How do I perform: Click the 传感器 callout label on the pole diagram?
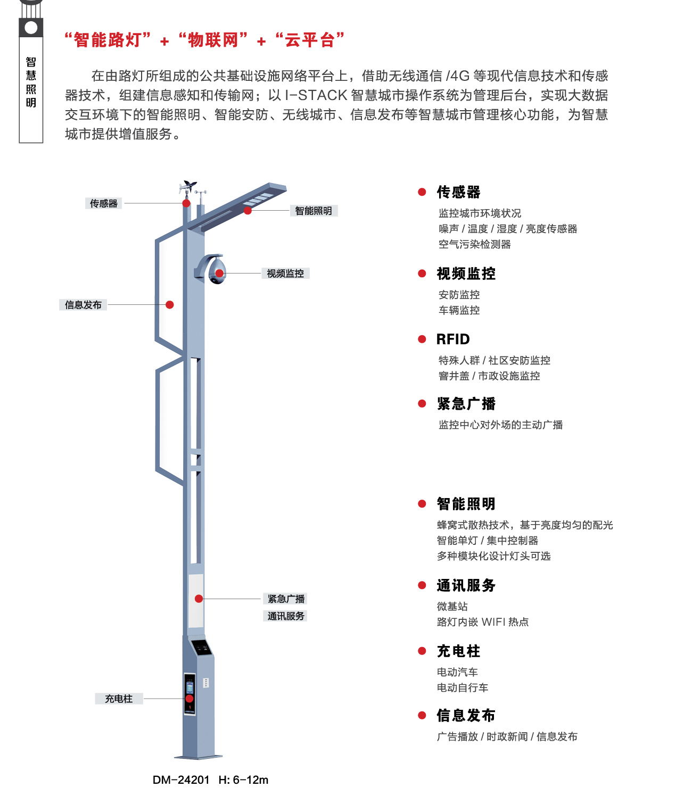point(103,203)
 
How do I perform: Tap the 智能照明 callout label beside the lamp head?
point(314,211)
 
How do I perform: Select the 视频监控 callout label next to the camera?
point(285,273)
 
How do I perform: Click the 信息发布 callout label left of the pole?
point(83,304)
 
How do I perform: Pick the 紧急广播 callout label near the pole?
point(286,599)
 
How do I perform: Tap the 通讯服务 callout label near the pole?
point(286,616)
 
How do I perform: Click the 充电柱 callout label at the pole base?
point(119,699)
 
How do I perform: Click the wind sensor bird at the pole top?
point(189,186)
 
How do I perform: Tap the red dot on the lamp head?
point(248,210)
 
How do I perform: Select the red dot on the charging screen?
point(189,699)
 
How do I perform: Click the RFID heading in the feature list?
point(453,339)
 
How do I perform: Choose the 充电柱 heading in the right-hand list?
point(458,651)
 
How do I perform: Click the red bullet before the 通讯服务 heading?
point(422,585)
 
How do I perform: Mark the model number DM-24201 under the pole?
point(181,780)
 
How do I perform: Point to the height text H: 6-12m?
point(243,780)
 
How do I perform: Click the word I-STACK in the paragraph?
point(316,95)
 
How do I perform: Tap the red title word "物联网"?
point(213,40)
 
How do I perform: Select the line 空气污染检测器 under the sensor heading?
point(474,244)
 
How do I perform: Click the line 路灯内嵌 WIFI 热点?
point(483,622)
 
